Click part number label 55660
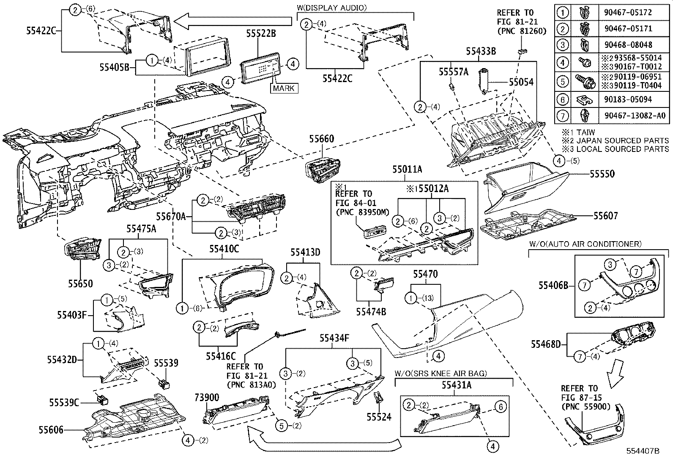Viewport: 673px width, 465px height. pos(321,139)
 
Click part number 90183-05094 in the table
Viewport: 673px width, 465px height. pos(625,99)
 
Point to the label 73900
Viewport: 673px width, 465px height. pos(207,397)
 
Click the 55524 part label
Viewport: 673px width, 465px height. pos(379,417)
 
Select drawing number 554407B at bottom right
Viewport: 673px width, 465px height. pos(643,451)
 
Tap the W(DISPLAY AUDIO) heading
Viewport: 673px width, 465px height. pos(332,7)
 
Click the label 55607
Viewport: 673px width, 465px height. pos(605,216)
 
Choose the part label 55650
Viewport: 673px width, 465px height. pos(80,283)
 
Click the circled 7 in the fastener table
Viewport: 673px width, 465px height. pos(563,116)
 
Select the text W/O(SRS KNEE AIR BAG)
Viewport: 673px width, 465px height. pos(441,373)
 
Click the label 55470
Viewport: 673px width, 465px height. pos(425,275)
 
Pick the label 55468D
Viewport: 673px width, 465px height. pos(545,344)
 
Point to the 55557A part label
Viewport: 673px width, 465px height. pos(454,72)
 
